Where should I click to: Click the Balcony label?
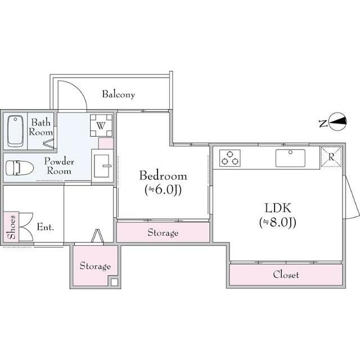coord(119,94)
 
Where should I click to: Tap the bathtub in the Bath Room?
coord(15,131)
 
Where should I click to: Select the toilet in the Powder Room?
coord(20,168)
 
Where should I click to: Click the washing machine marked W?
coord(101,125)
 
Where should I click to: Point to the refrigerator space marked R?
coord(331,157)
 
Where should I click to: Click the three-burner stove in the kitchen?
coord(230,158)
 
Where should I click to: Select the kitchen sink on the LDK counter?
coord(290,158)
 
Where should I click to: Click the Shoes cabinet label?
coord(11,227)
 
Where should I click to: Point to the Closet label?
coord(286,274)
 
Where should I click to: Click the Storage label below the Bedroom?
coord(163,232)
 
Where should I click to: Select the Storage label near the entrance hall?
coord(95,266)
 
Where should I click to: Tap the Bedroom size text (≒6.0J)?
coord(163,190)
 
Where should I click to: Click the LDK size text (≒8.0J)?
coord(277,222)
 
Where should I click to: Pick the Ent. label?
coord(46,227)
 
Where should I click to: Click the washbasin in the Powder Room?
coord(102,166)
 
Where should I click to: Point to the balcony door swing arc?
coord(79,89)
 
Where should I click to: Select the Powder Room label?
coord(59,166)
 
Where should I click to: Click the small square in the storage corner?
coord(114,282)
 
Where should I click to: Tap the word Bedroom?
coord(163,176)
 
